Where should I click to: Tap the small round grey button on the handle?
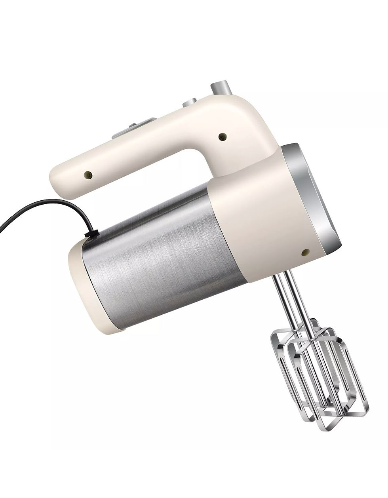pos(190,103)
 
